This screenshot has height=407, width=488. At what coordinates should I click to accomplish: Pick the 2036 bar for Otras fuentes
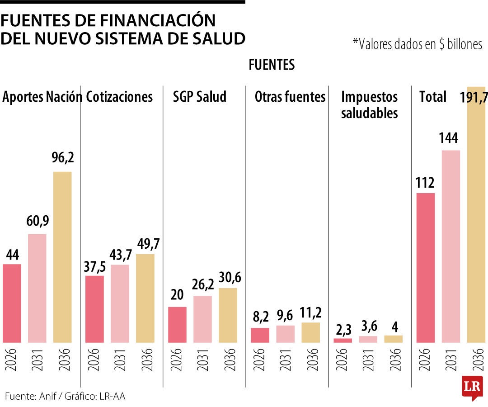(x=310, y=332)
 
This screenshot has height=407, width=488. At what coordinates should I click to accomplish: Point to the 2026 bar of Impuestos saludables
(x=343, y=340)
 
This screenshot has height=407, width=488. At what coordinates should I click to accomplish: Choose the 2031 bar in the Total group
(x=451, y=246)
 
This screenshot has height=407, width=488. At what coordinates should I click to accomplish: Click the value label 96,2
(x=63, y=159)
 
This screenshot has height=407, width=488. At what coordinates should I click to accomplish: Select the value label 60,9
(x=38, y=222)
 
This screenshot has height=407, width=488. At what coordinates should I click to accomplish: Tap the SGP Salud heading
(x=200, y=97)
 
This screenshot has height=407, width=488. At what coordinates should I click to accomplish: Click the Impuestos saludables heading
(x=369, y=104)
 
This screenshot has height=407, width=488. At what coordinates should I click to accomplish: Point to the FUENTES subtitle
(x=272, y=65)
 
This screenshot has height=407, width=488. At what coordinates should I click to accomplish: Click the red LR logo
(x=471, y=387)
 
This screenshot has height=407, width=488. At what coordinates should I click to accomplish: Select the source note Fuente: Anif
(x=65, y=396)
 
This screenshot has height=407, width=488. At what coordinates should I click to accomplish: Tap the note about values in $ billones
(x=417, y=44)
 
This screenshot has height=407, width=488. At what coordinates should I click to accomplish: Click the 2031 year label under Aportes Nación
(x=38, y=360)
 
